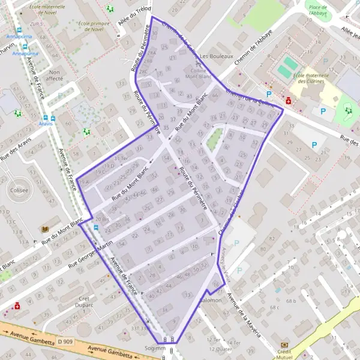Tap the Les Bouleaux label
click(x=212, y=53)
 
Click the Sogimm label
click(x=155, y=348)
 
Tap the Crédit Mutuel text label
click(x=284, y=355)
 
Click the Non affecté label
click(x=55, y=74)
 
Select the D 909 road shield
click(x=65, y=341)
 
